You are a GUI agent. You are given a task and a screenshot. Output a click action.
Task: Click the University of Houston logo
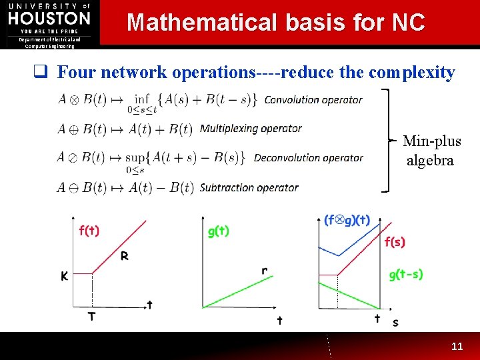[49, 23]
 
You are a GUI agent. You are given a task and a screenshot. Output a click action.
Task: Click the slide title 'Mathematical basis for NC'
[275, 23]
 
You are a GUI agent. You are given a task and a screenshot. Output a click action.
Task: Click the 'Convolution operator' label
[313, 100]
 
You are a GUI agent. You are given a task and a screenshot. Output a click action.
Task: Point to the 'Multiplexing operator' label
[251, 128]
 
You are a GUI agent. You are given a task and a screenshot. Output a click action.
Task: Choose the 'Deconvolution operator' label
[308, 158]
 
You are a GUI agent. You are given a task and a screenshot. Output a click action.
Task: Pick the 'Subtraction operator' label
[249, 187]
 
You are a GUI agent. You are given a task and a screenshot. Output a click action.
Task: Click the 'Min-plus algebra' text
[431, 151]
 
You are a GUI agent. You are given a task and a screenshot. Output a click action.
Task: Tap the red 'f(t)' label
[89, 231]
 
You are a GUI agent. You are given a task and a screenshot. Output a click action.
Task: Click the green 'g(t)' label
[219, 231]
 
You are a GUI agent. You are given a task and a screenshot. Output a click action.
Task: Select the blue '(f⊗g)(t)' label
[347, 220]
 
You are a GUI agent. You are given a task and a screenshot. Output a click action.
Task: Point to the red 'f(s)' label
[395, 241]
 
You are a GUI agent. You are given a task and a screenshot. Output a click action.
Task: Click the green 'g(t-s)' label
[405, 274]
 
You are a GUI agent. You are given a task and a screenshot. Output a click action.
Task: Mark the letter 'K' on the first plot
[65, 275]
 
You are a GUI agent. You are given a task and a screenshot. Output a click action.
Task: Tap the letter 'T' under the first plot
[91, 316]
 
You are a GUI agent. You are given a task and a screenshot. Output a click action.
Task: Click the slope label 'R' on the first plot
[125, 255]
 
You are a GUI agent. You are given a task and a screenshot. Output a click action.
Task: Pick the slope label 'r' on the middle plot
[265, 271]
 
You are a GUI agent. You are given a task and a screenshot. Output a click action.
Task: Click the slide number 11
[457, 347]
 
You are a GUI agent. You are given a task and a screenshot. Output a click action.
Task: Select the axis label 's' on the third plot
[395, 322]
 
